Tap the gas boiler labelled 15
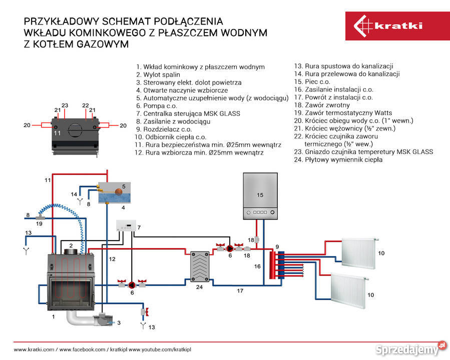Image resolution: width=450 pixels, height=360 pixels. tap(259, 196)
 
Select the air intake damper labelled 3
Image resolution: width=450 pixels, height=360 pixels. tap(107, 321)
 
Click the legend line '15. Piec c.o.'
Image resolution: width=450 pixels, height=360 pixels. tap(311, 81)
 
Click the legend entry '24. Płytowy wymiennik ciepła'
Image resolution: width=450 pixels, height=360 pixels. tap(338, 160)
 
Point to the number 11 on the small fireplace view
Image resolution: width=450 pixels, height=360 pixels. tap(57, 133)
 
